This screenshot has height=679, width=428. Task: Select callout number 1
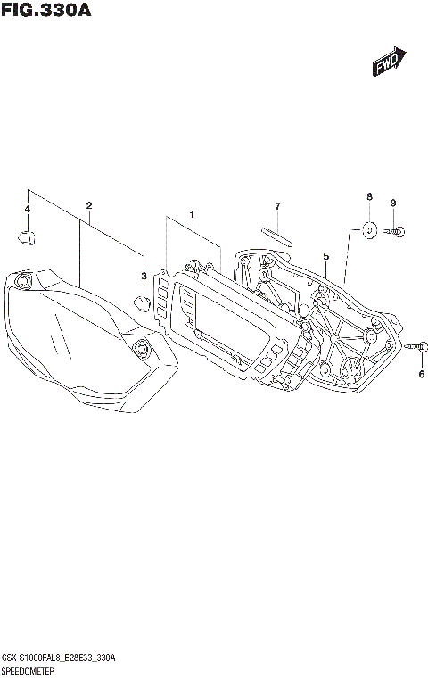point(191,214)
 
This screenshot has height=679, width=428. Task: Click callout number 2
point(89,206)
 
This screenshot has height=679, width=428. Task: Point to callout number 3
point(144,276)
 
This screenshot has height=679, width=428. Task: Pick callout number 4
point(28,209)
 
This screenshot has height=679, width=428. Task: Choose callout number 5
point(326,256)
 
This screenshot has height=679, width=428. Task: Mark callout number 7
point(277,207)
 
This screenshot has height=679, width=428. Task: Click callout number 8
point(368,196)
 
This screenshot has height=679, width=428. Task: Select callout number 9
point(392,202)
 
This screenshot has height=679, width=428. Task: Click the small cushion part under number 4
point(27,236)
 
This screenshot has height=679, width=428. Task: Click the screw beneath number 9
point(395,232)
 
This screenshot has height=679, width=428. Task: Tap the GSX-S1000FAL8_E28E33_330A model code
point(61,658)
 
